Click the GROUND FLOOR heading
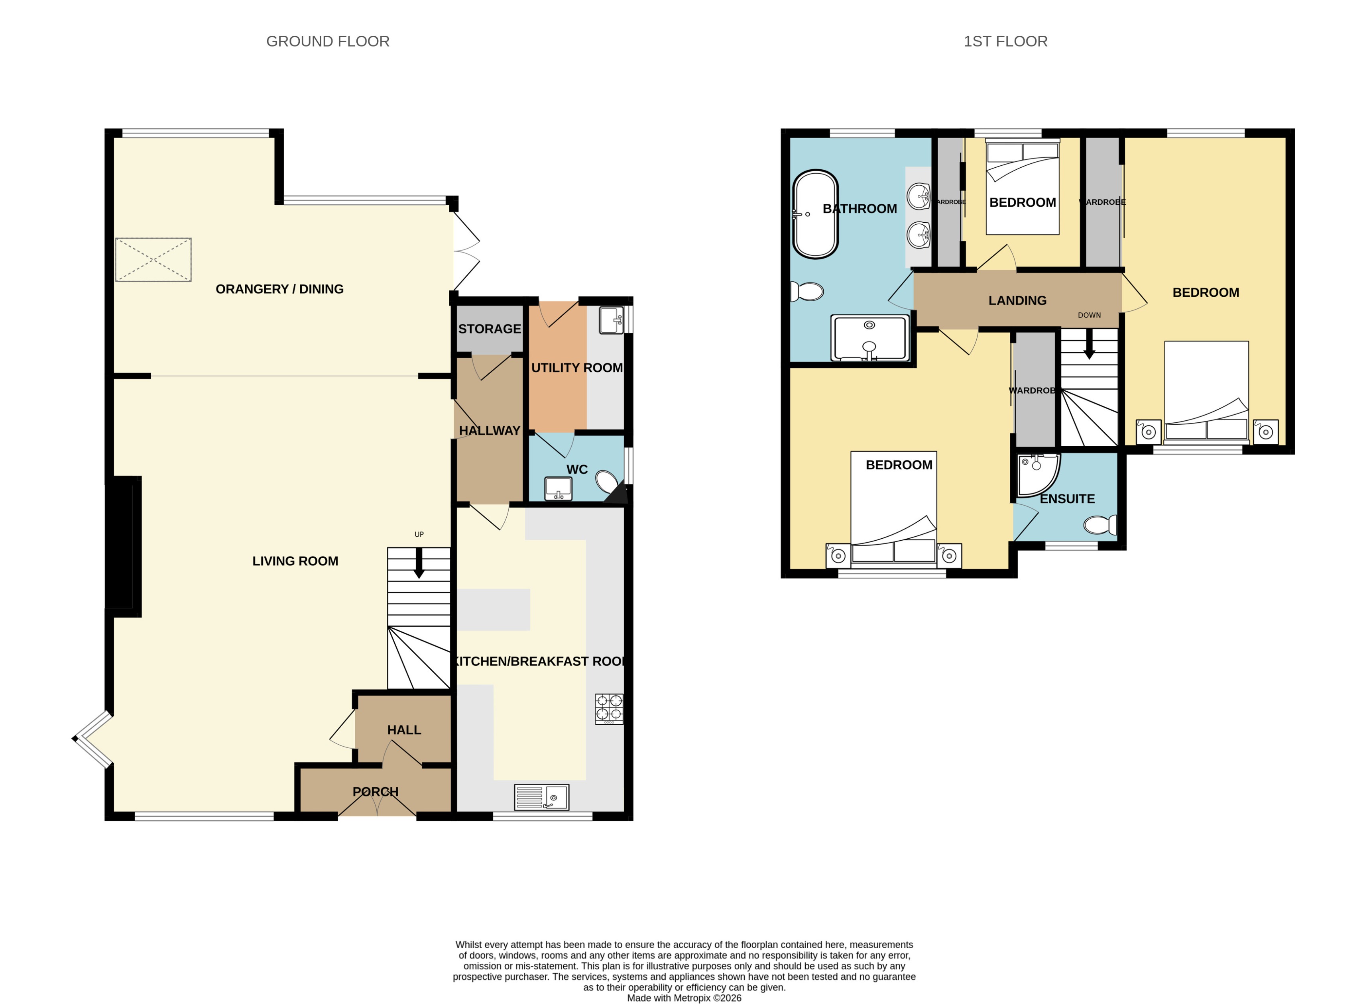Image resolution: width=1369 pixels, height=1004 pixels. coord(327,41)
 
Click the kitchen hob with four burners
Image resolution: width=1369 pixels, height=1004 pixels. coord(609,709)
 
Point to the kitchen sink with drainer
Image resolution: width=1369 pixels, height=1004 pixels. coord(541,797)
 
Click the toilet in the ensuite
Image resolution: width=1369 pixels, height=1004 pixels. coord(1100,524)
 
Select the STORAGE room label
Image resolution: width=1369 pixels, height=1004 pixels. coord(489,329)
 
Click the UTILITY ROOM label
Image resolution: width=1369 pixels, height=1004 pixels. coord(576,368)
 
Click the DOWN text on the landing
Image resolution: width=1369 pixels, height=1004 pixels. coord(1089,315)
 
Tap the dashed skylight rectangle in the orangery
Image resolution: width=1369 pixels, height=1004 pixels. coord(153,259)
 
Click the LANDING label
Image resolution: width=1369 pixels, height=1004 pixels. coord(1017,300)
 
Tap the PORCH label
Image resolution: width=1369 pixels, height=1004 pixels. coord(375,791)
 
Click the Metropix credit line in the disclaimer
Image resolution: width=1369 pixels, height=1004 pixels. coord(684,997)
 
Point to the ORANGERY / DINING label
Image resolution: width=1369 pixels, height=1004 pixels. coord(279,289)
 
